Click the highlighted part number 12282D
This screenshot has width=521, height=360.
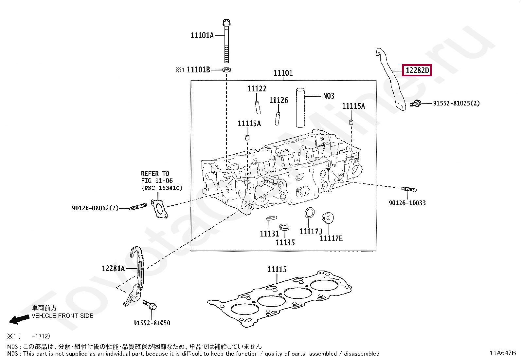coord(417,70)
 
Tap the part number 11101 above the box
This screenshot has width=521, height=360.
coord(283,73)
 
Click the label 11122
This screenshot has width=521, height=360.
coord(257,89)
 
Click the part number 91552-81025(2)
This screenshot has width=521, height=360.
coord(456,103)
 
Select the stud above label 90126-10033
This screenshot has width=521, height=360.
coord(408,189)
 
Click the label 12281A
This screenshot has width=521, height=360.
coord(113,269)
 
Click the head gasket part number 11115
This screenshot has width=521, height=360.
coord(277,270)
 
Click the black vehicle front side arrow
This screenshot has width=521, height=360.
coord(17,319)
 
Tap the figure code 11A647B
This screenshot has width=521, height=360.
coord(502,353)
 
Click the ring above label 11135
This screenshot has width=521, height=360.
coord(284,227)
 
